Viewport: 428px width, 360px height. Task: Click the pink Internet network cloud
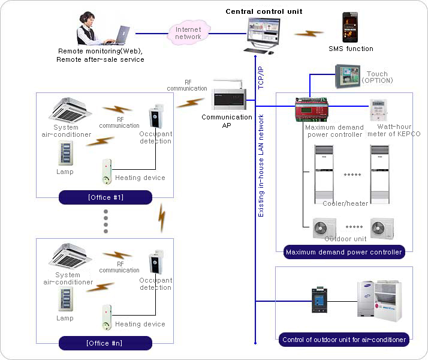188,32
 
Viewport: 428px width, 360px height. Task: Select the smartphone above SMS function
351,27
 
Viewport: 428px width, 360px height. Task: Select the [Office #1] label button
106,197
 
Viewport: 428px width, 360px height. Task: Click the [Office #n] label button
106,343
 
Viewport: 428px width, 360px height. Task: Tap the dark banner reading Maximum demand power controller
343,252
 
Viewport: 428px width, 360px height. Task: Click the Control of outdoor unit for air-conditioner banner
344,340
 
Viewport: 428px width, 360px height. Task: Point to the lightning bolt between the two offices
161,218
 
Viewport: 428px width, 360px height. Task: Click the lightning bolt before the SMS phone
309,34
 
